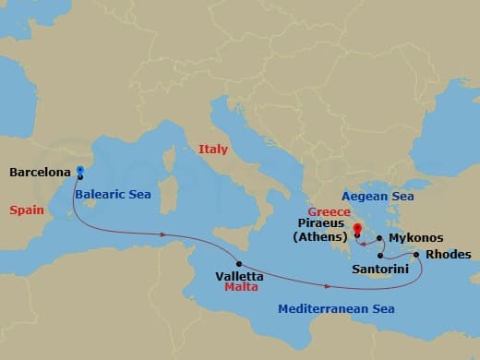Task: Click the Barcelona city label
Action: [40, 172]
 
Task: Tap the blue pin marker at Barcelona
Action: [80, 171]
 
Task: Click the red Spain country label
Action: [27, 210]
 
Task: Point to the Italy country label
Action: [213, 149]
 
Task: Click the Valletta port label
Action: [238, 276]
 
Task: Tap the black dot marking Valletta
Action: [239, 263]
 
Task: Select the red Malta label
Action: [242, 288]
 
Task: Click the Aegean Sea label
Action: [378, 197]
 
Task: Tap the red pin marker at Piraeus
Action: [356, 219]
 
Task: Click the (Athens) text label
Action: [321, 236]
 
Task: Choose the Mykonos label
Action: [414, 237]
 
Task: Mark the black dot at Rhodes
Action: [417, 255]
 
